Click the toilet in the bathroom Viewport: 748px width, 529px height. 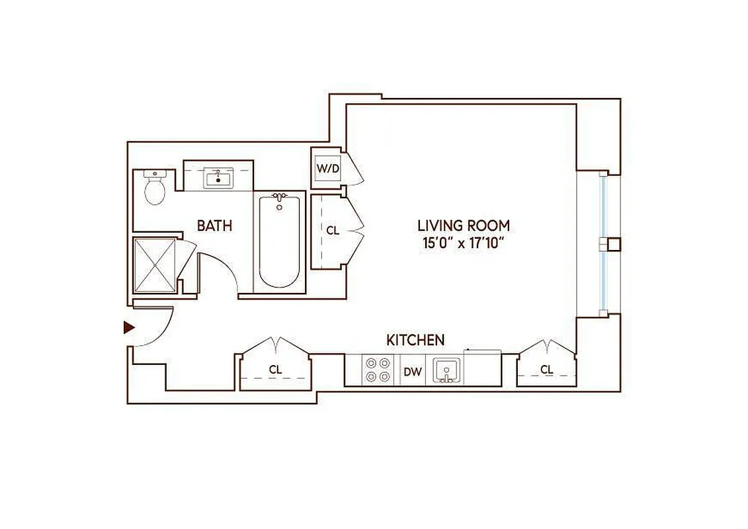[x=155, y=188]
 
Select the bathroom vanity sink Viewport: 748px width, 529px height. [x=218, y=179]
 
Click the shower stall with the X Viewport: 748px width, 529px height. [x=155, y=264]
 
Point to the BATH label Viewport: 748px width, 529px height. [x=214, y=225]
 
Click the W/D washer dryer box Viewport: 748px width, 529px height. [x=327, y=168]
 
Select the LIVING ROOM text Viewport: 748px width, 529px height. [x=463, y=225]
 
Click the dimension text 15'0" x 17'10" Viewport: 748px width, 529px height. [x=463, y=243]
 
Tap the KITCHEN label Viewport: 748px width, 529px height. [x=415, y=341]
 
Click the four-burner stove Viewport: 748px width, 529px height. [x=378, y=370]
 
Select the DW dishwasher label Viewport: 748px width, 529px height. [x=413, y=372]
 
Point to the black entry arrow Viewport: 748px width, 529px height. [x=129, y=327]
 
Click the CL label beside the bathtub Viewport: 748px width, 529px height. [x=333, y=231]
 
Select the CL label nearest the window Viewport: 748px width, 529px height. [x=546, y=370]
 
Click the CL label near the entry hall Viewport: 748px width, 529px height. [x=275, y=370]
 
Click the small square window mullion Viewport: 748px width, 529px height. [x=612, y=244]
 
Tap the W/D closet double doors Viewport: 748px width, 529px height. [x=355, y=169]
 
